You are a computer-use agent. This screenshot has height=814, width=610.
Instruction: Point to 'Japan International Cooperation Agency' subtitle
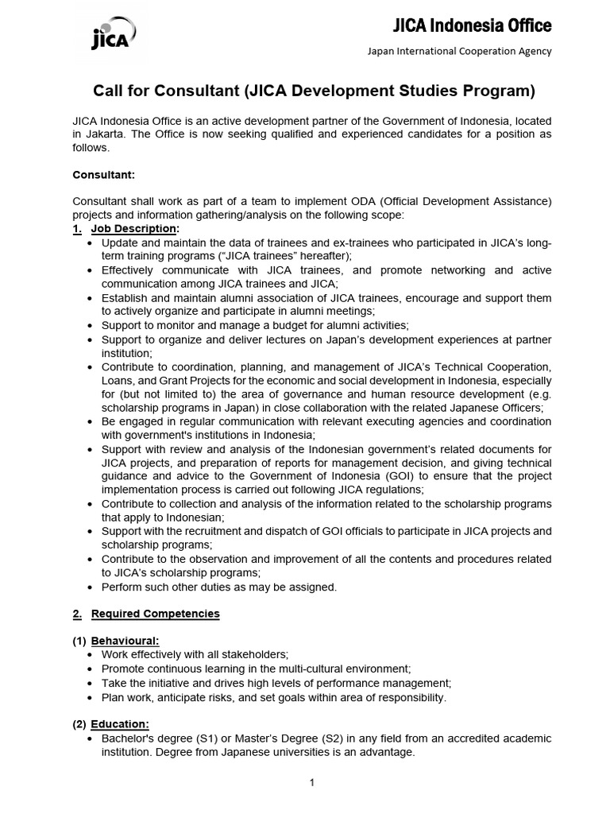(458, 52)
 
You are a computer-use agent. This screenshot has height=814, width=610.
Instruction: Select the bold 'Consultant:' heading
(104, 173)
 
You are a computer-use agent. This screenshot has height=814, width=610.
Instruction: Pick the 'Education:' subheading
(120, 724)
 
